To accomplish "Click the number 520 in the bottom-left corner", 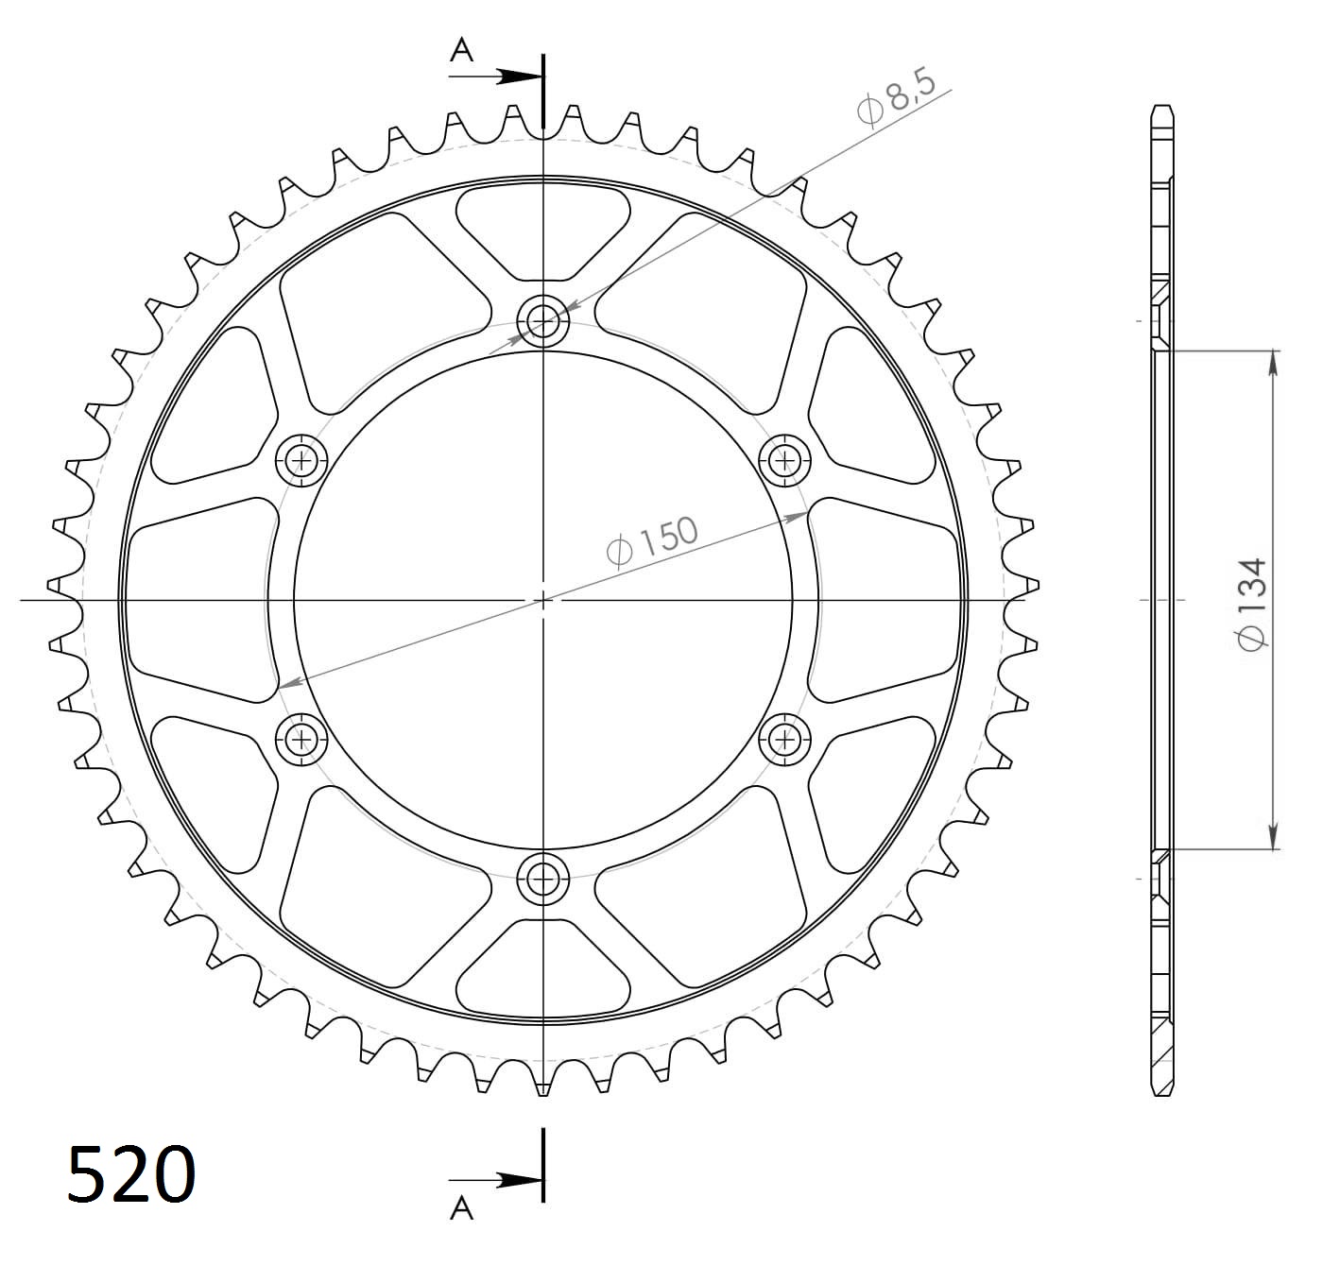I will coord(131,1174).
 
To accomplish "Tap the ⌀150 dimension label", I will coord(652,541).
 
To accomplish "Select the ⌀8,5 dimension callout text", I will coord(896,98).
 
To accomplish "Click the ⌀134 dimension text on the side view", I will coord(1250,603).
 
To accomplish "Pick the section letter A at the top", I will coord(461,50).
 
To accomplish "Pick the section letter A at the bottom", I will coord(461,1206).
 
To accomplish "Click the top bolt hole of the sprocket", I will coord(543,321).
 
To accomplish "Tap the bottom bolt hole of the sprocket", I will coord(543,880).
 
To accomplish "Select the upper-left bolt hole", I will coord(301,461).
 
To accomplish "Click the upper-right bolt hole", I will coord(784,461).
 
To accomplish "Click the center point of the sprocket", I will coord(543,600).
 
